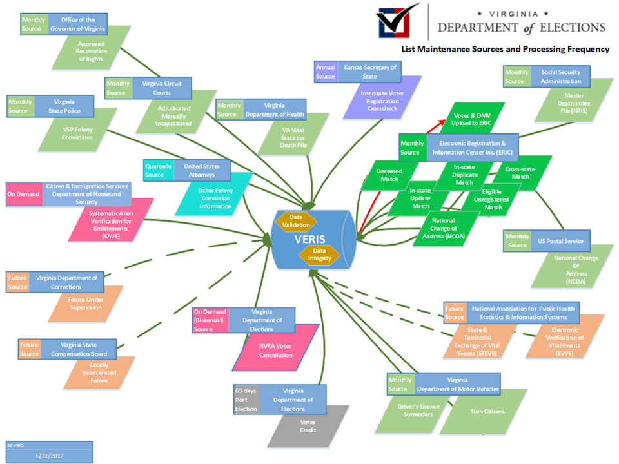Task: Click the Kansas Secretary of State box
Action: tap(369, 72)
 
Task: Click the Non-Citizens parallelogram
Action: tap(488, 411)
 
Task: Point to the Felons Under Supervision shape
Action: tap(84, 303)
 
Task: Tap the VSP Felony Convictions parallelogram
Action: tap(78, 133)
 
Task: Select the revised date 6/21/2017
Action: tap(49, 456)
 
